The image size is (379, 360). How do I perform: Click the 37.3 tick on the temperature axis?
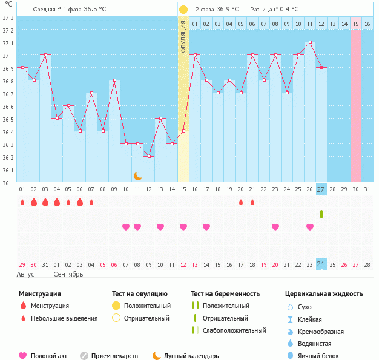pyautogui.click(x=7, y=17)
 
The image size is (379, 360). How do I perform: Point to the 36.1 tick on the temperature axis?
pyautogui.click(x=7, y=170)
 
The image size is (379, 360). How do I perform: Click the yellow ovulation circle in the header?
pyautogui.click(x=183, y=10)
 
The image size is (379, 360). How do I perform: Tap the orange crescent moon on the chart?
pyautogui.click(x=138, y=176)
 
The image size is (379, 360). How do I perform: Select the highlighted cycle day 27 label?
pyautogui.click(x=321, y=189)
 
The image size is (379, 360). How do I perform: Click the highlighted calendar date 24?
pyautogui.click(x=321, y=264)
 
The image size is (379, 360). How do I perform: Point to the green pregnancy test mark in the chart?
pyautogui.click(x=321, y=214)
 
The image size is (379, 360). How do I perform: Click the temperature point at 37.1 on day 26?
pyautogui.click(x=310, y=42)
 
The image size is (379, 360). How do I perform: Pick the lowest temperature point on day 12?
pyautogui.click(x=149, y=157)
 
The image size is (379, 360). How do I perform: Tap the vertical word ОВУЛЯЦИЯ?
pyautogui.click(x=183, y=37)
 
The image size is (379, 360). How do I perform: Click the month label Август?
pyautogui.click(x=27, y=274)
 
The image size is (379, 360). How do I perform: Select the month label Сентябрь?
pyautogui.click(x=68, y=274)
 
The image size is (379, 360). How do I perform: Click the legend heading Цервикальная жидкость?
pyautogui.click(x=324, y=294)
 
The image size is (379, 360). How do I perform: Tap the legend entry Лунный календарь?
pyautogui.click(x=195, y=356)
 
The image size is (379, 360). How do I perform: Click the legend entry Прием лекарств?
pyautogui.click(x=114, y=356)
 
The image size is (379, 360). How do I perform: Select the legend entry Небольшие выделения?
pyautogui.click(x=64, y=318)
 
